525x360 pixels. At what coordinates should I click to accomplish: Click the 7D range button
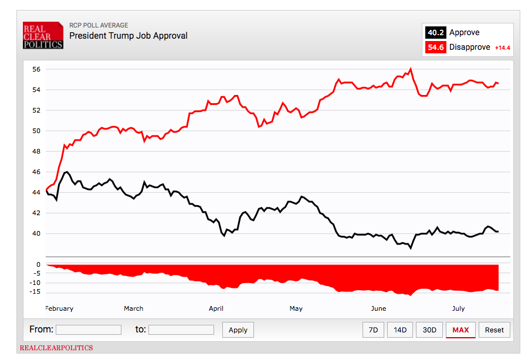373,330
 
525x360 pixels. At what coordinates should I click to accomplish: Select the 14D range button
400,330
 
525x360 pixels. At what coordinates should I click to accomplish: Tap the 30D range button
429,330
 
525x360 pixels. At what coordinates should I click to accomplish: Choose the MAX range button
460,330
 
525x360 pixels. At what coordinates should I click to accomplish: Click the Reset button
494,330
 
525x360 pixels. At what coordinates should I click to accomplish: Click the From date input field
89,330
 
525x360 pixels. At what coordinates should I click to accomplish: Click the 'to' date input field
181,330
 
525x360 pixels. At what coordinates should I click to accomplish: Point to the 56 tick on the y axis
36,69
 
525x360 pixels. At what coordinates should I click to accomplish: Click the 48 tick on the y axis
36,151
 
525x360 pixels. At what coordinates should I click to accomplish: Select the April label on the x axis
216,308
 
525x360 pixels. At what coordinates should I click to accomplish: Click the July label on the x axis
458,308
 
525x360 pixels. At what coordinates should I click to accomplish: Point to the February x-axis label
59,308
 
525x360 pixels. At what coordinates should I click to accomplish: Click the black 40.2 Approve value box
435,33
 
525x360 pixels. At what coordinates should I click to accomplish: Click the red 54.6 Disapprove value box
435,47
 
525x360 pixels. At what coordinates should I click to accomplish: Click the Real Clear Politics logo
43,36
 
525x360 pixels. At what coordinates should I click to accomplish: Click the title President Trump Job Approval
128,36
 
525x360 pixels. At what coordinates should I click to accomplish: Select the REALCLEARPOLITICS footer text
56,348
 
